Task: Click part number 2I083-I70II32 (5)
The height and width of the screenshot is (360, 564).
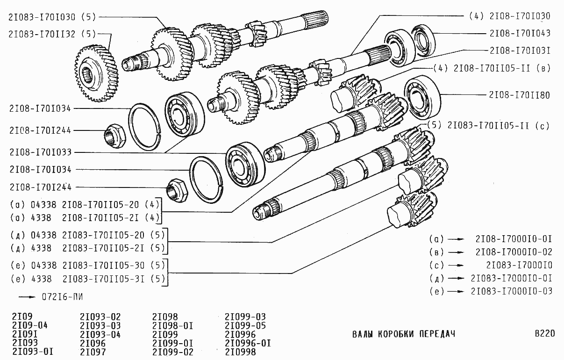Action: click(52, 34)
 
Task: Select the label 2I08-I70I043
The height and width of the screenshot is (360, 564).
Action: click(520, 33)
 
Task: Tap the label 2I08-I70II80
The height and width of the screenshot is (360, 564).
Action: click(520, 95)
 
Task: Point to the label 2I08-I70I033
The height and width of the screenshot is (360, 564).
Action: click(41, 152)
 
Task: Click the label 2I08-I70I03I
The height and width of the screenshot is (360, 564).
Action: click(520, 50)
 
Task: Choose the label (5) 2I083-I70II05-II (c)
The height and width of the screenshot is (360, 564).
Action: click(488, 125)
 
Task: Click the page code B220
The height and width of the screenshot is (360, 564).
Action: click(545, 333)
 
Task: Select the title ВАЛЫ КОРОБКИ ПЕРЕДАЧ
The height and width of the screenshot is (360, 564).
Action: click(404, 334)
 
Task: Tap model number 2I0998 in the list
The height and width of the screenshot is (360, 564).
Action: click(241, 352)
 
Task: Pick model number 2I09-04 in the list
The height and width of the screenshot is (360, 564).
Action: click(30, 325)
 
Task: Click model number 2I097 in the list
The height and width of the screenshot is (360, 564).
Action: click(93, 352)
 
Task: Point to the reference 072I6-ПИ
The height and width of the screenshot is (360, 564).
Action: click(62, 297)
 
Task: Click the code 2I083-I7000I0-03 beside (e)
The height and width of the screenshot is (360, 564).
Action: click(511, 291)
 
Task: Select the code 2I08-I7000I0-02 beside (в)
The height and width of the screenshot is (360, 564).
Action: click(514, 252)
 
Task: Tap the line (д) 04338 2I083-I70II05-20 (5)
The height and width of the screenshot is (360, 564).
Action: click(88, 235)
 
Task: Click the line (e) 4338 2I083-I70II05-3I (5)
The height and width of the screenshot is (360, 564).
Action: click(88, 279)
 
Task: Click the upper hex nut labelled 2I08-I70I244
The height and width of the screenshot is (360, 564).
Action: click(115, 136)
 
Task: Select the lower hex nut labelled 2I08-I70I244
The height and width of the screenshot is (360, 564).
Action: click(177, 190)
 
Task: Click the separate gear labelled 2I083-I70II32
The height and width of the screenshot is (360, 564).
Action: click(96, 73)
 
